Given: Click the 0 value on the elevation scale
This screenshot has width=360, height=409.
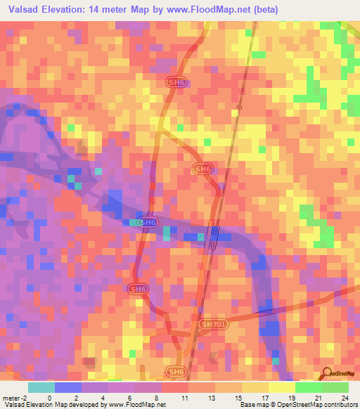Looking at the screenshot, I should pyautogui.click(x=49, y=397).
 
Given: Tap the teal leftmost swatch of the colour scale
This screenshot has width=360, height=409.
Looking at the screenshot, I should pyautogui.click(x=41, y=387).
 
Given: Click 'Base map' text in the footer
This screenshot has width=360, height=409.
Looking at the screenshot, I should pyautogui.click(x=252, y=405).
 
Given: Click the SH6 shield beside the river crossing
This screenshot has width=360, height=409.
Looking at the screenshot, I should pyautogui.click(x=146, y=223).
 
